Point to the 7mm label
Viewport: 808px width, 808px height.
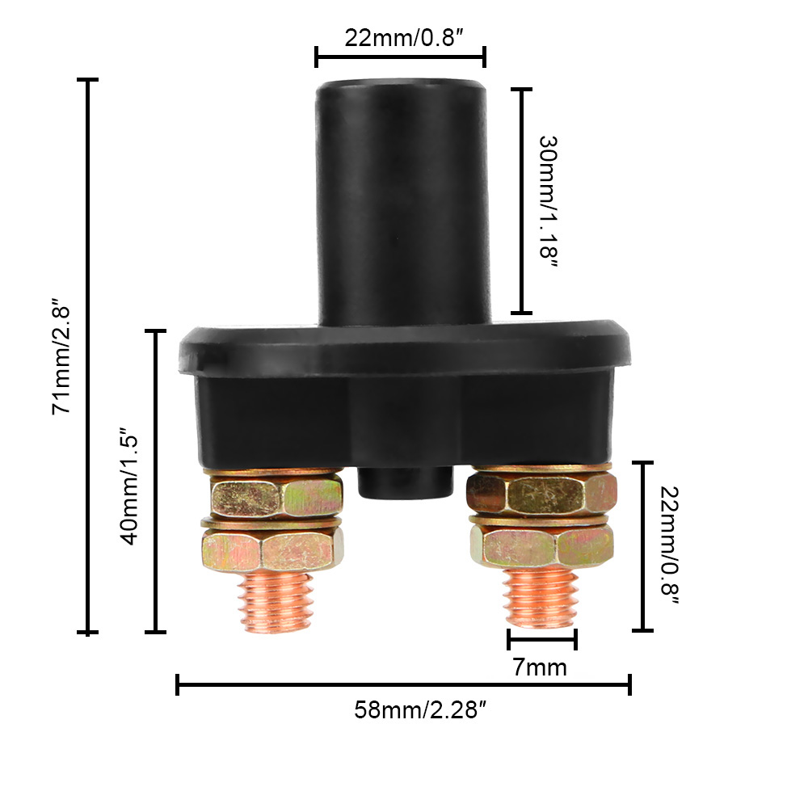point(539,667)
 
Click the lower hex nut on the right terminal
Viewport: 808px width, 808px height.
point(541,546)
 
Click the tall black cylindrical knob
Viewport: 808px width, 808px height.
point(401,202)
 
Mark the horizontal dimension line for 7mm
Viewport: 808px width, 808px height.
point(542,639)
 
